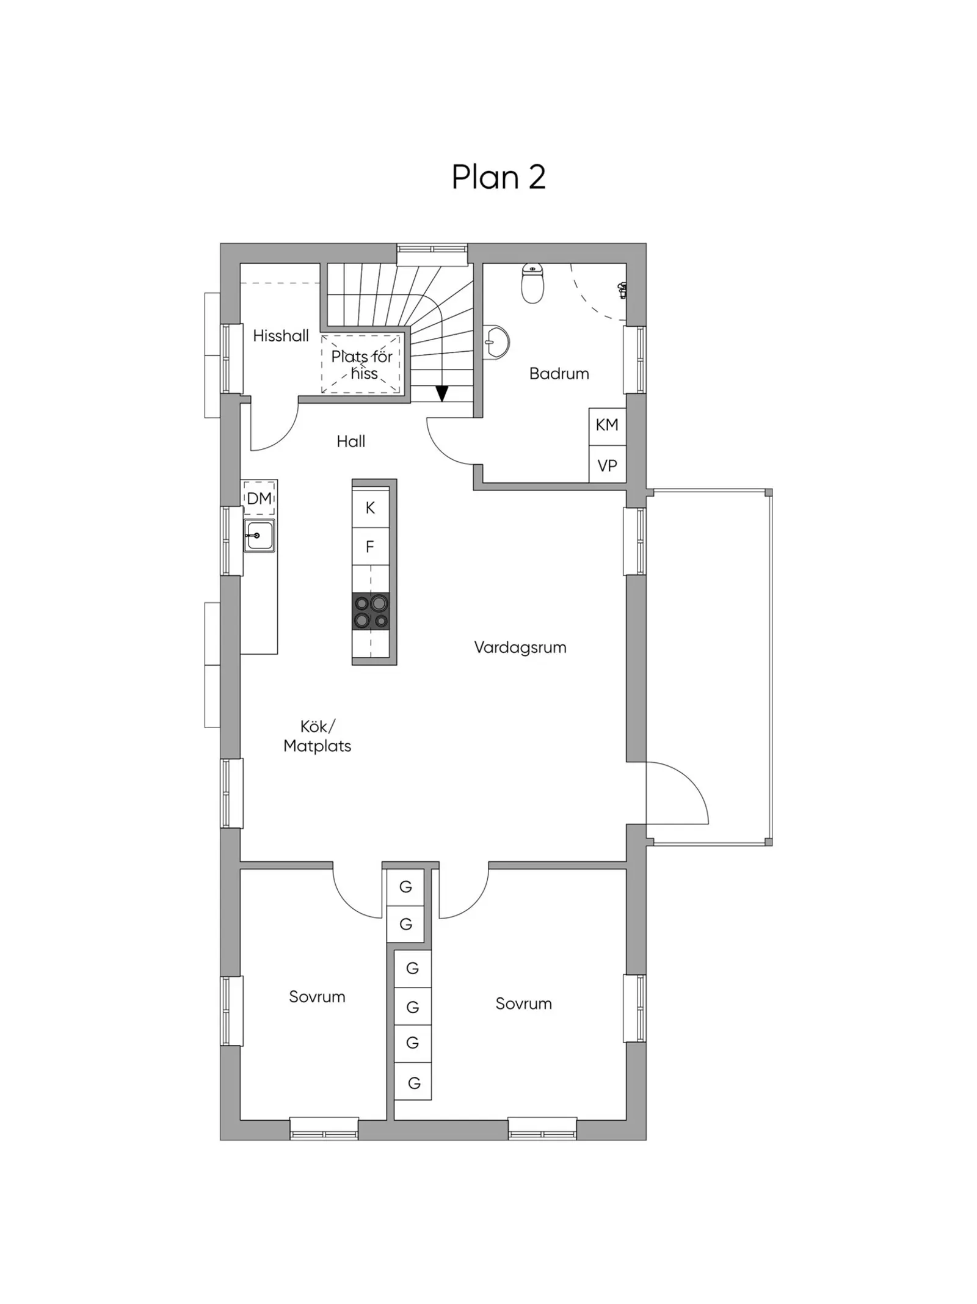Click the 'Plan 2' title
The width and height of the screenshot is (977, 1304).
498,177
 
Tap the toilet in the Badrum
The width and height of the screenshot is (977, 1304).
532,283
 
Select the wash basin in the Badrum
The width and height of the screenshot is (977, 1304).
495,342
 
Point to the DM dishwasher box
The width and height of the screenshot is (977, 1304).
259,498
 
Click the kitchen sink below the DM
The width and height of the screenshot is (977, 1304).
260,536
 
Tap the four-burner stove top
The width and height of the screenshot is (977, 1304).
371,611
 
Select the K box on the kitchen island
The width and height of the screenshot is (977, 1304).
371,508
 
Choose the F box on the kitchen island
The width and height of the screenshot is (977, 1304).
371,547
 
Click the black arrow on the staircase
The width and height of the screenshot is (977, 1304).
441,393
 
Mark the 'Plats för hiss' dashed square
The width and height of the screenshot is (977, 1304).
361,364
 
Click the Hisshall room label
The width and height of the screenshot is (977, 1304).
281,335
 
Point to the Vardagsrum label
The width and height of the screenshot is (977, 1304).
520,647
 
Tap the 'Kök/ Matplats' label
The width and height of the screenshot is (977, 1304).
318,736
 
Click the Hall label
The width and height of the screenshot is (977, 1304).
351,441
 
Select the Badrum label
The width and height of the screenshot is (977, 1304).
559,373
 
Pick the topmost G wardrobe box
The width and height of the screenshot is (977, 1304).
405,887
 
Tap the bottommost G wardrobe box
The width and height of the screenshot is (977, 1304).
413,1083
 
